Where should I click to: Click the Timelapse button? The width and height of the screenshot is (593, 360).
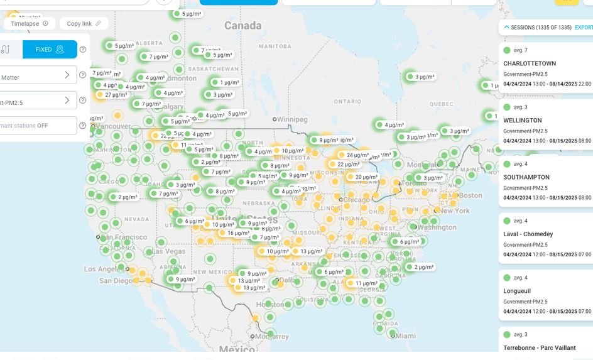(30, 24)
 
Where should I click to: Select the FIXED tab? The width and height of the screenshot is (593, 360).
(50, 50)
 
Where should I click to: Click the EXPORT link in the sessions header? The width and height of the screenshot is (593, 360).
(584, 28)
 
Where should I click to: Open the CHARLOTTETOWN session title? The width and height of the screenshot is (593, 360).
(529, 63)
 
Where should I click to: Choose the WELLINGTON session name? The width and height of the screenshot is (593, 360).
(522, 120)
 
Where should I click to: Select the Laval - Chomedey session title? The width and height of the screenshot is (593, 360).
(528, 234)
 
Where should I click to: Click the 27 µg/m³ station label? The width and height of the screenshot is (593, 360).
(116, 95)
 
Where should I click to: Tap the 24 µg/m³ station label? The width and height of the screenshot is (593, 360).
(357, 155)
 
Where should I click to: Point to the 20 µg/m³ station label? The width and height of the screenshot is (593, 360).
(366, 177)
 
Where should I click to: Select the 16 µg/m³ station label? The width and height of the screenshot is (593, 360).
(238, 233)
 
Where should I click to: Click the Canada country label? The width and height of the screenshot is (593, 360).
(242, 26)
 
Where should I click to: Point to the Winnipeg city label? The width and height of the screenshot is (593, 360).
(292, 119)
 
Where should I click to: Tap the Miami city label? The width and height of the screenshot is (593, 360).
(405, 336)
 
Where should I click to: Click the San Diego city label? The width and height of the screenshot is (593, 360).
(116, 281)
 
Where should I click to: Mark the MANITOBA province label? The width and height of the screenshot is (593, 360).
(275, 46)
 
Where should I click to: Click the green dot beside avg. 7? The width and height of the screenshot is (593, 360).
(507, 50)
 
